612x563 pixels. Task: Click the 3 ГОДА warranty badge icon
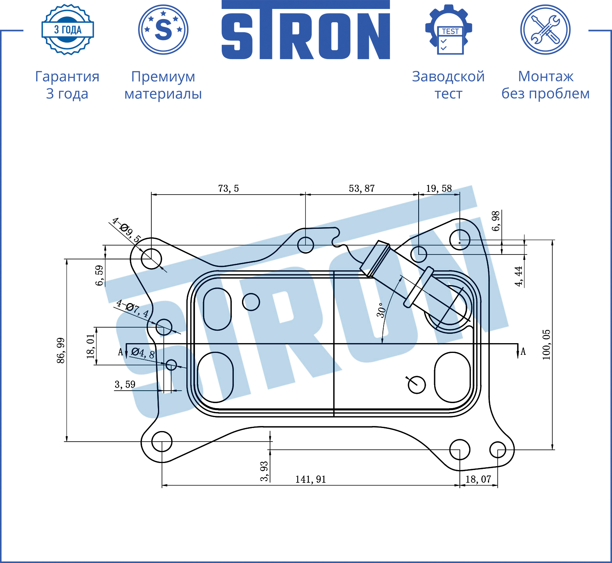68,30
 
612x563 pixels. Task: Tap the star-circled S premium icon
163,30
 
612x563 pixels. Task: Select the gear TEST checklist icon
449,30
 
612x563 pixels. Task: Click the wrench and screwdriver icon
545,30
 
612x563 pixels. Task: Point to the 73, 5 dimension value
228,189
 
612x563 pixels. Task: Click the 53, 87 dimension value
362,189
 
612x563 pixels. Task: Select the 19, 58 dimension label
439,189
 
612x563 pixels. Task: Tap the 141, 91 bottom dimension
310,479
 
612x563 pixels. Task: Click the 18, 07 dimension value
478,479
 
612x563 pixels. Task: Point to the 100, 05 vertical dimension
547,345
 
